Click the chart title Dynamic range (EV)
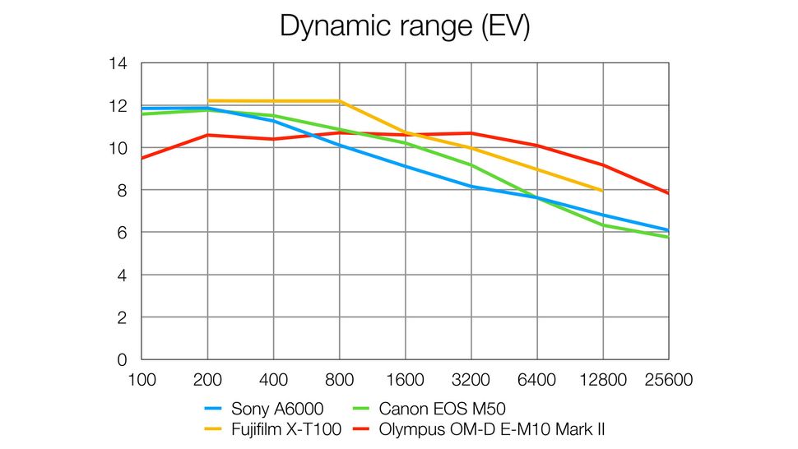(x=405, y=25)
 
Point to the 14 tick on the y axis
(x=118, y=63)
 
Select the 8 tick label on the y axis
(x=122, y=191)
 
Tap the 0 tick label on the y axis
(x=122, y=360)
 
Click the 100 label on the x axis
(x=142, y=381)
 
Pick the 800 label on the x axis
(x=339, y=381)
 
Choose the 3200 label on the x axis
(x=471, y=381)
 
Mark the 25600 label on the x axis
(x=668, y=381)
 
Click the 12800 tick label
(x=602, y=381)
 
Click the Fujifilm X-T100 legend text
(x=286, y=428)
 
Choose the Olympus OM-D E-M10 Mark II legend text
(x=493, y=428)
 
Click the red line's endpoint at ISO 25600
(x=668, y=193)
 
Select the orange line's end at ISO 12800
(x=602, y=191)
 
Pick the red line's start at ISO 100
(x=142, y=158)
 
